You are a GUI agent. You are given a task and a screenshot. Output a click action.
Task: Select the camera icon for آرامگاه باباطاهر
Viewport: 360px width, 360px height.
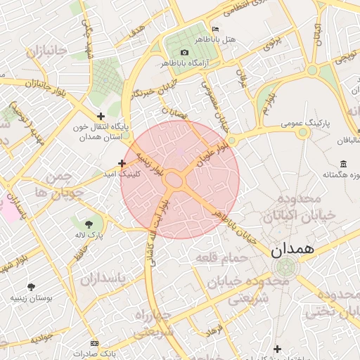point(184,53)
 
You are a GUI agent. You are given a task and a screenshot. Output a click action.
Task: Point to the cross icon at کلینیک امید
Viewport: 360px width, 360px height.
point(122,162)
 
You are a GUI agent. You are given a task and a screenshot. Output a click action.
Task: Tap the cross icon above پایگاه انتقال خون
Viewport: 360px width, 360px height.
point(101,116)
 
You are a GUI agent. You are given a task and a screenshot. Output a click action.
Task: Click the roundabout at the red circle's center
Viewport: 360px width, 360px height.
point(174,180)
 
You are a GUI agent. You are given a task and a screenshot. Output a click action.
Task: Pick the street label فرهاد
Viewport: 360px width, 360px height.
point(212,328)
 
